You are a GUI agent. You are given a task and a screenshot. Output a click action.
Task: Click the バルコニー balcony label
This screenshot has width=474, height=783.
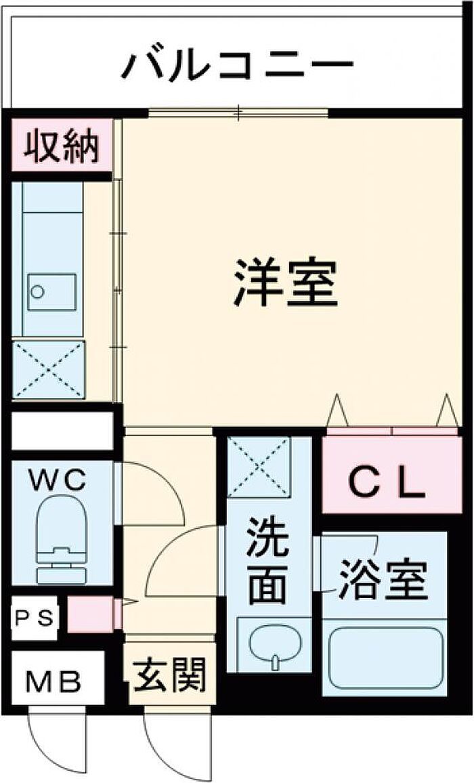click(238, 66)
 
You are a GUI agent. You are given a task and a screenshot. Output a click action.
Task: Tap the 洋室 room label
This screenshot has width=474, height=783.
click(286, 282)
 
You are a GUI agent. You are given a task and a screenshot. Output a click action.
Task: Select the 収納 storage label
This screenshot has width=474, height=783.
click(62, 145)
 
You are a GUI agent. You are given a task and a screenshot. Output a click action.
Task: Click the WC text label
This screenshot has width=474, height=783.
click(61, 480)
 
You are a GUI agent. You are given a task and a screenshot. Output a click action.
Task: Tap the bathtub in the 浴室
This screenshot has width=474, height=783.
click(384, 657)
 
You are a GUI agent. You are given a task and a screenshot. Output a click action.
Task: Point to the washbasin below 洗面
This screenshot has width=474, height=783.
click(274, 643)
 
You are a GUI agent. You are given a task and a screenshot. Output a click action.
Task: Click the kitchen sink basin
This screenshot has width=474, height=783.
click(51, 292)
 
